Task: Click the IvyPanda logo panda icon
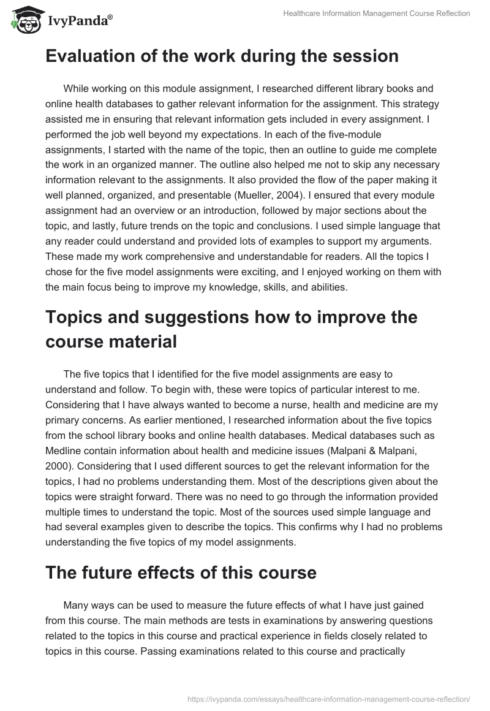pyautogui.click(x=23, y=20)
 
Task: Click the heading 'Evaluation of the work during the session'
pyautogui.click(x=222, y=56)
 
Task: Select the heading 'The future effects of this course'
pyautogui.click(x=181, y=573)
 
